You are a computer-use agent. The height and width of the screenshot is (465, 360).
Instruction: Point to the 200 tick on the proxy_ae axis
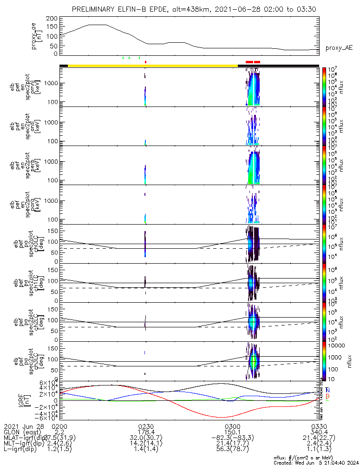[x=52, y=18]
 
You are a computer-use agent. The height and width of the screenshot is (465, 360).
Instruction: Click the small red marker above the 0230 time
[x=145, y=61]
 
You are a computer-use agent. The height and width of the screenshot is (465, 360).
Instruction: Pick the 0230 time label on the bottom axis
[x=146, y=426]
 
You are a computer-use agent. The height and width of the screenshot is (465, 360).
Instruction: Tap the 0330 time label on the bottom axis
[x=319, y=426]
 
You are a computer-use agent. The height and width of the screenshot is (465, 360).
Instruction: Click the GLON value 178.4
[x=146, y=432]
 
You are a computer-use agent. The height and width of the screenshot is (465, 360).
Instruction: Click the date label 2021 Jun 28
[x=23, y=426]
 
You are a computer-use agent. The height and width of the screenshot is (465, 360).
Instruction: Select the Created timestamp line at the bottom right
[x=316, y=462]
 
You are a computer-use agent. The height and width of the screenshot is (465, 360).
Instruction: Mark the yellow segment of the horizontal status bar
[x=153, y=66]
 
